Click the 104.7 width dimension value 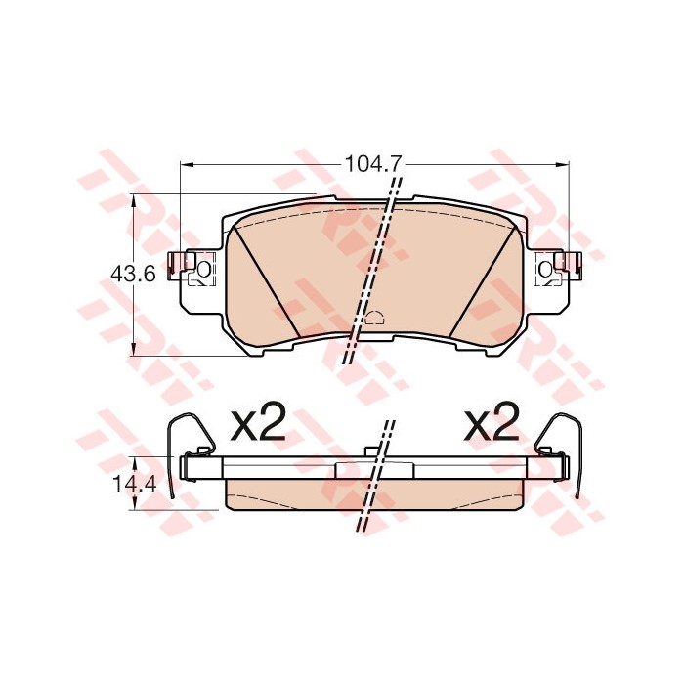(372, 164)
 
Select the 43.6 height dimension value (133, 275)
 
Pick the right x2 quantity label (492, 421)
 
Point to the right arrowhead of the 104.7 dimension (563, 164)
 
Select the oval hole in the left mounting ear (203, 269)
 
